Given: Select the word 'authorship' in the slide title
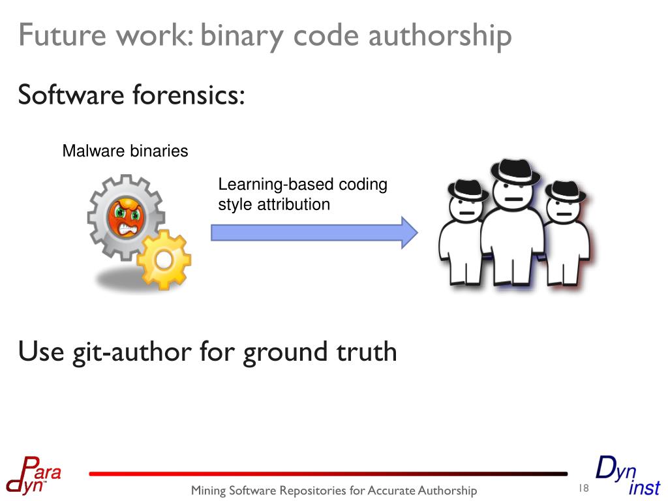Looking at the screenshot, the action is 440,36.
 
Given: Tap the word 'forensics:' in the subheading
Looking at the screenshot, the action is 189,95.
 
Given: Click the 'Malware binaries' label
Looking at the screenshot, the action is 125,151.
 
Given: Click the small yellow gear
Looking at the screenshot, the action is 163,260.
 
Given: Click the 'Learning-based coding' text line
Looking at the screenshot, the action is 303,185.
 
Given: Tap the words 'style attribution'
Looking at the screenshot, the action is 274,204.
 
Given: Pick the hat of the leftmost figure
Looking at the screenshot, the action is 467,189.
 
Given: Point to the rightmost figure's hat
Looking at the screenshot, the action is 564,190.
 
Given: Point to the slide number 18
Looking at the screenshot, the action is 583,489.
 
